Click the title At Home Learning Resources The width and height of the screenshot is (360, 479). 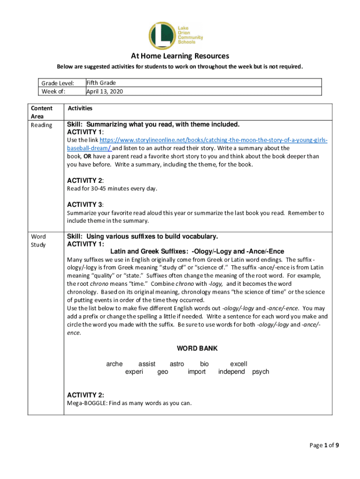[180, 56]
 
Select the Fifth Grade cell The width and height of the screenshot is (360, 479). [101, 83]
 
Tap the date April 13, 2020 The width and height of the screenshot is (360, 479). [105, 91]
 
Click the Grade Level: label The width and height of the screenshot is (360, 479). [58, 83]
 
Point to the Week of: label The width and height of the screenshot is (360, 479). [53, 91]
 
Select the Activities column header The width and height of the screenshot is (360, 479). [80, 109]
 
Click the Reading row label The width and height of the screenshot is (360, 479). [41, 125]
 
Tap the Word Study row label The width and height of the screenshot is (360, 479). [38, 240]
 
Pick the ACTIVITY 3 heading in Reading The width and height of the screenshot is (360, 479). [86, 204]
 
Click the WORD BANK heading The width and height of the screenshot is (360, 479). [197, 348]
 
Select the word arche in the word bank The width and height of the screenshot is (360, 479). [115, 364]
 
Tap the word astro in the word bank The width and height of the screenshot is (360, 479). [177, 364]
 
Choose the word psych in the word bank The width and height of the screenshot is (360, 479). [260, 372]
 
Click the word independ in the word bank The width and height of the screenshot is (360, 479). [231, 372]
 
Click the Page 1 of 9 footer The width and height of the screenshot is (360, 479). [324, 445]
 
